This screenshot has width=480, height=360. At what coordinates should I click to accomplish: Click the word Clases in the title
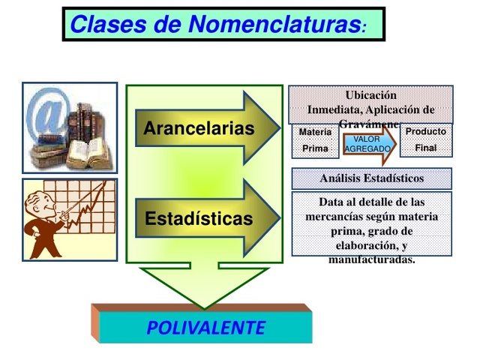(105, 25)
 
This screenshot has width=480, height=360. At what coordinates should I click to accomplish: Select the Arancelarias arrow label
(199, 128)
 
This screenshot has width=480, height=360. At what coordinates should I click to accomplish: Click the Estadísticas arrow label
(199, 220)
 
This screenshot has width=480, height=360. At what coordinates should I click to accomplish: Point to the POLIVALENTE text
(205, 328)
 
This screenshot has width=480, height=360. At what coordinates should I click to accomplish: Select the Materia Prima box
(315, 140)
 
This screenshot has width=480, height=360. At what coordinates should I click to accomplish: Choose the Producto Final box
(425, 139)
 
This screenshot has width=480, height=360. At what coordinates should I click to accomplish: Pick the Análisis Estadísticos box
(371, 178)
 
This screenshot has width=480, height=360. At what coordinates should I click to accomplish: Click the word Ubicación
(370, 95)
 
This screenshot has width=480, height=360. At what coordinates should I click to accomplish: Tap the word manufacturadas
(371, 260)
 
